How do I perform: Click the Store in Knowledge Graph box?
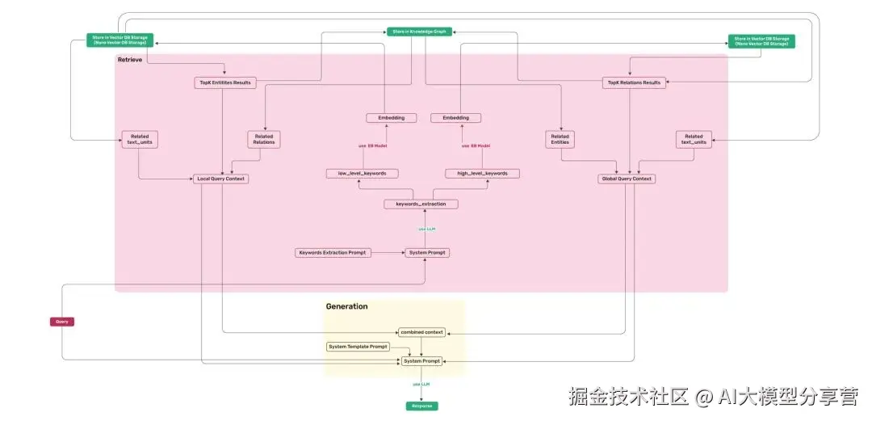(x=417, y=32)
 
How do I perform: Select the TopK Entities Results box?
(x=225, y=82)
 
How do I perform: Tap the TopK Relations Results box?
(x=634, y=82)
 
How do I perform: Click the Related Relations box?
(x=264, y=140)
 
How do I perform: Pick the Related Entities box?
(x=560, y=140)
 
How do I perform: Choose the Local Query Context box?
(x=220, y=179)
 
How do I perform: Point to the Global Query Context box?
(x=626, y=179)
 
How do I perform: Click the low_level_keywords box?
(x=362, y=173)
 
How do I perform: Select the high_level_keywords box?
(x=482, y=173)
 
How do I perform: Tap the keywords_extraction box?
(x=421, y=204)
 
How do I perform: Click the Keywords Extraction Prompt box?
(x=333, y=253)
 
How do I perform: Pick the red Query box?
(x=62, y=322)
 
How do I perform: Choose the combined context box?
(x=421, y=332)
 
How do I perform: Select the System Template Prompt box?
(x=358, y=347)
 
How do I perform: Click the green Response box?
(x=421, y=406)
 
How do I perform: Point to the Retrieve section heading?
(x=130, y=60)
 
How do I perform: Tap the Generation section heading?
(x=346, y=306)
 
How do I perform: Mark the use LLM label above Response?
(x=421, y=384)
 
